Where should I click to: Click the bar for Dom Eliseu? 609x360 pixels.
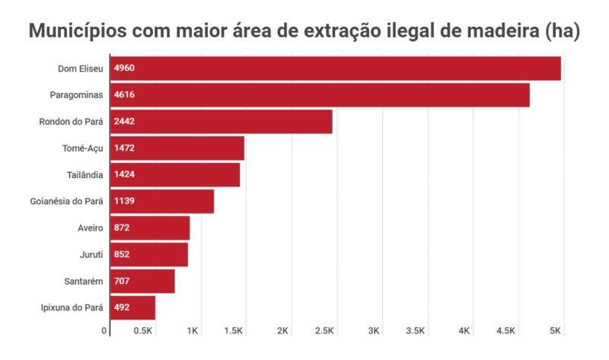[336, 68]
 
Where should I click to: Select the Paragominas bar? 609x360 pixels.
[320, 95]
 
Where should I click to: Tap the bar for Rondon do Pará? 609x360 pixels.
[222, 122]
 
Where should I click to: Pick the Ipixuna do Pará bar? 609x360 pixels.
[133, 308]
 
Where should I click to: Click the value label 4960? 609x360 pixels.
[124, 68]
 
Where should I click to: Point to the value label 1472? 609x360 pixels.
[124, 148]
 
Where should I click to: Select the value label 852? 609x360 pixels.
[122, 255]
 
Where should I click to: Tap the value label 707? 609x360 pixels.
[122, 282]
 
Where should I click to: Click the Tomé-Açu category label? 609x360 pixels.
[82, 148]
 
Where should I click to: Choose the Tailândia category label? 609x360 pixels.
[84, 175]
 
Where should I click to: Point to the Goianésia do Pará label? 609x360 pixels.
[65, 202]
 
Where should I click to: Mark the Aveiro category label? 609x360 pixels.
[90, 228]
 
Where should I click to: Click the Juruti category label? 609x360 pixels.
[91, 255]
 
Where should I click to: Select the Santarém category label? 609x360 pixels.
[84, 282]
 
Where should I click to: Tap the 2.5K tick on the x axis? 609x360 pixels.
[324, 331]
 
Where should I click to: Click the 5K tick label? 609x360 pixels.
[555, 331]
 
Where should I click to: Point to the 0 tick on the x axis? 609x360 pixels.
[104, 331]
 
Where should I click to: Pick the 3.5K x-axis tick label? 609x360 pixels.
[416, 331]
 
